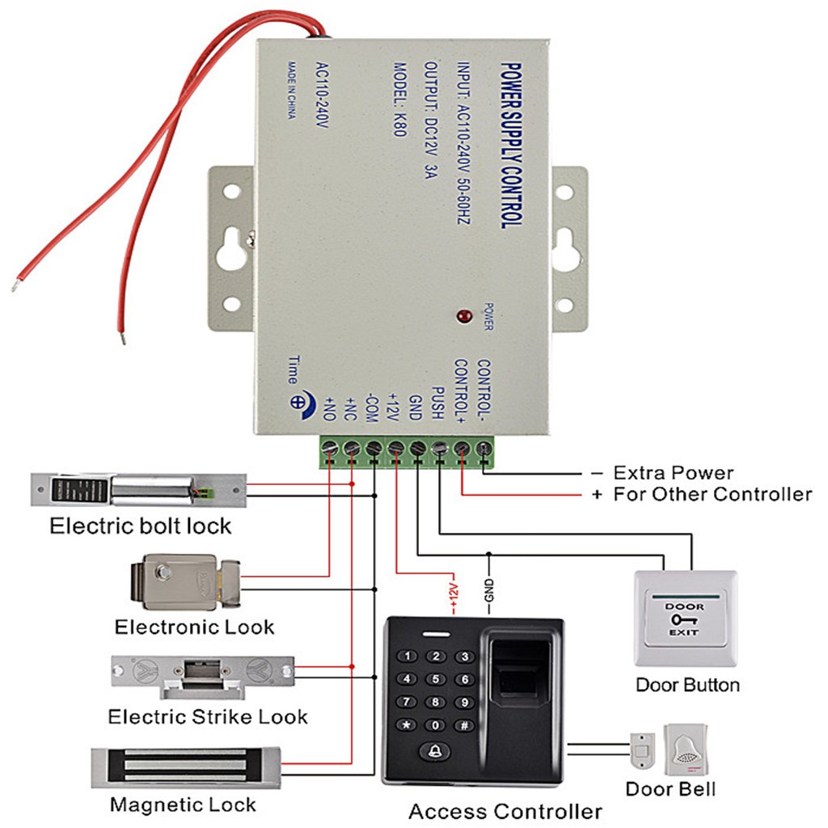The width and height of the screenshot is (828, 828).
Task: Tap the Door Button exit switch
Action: (686, 618)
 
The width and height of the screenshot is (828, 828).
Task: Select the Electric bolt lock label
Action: (140, 526)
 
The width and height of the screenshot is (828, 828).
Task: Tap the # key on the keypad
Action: (464, 725)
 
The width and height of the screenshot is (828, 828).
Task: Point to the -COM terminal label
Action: (372, 404)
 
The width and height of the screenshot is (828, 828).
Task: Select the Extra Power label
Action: (673, 473)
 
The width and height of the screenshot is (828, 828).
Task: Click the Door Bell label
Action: (670, 789)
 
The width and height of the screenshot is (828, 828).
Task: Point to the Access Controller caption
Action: (505, 811)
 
